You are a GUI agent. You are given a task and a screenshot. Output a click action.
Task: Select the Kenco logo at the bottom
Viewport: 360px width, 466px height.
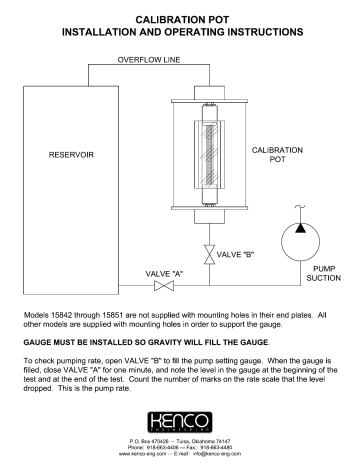[180, 418]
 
